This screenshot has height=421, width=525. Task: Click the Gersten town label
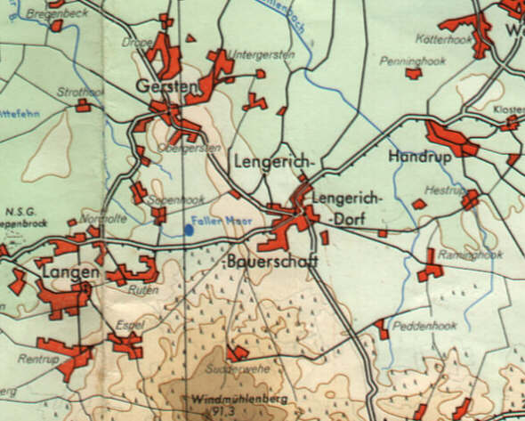[x=166, y=86]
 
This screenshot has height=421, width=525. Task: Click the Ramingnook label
[x=469, y=254]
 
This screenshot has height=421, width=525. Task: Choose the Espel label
[x=130, y=325]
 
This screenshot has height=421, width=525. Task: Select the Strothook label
[x=80, y=91]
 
